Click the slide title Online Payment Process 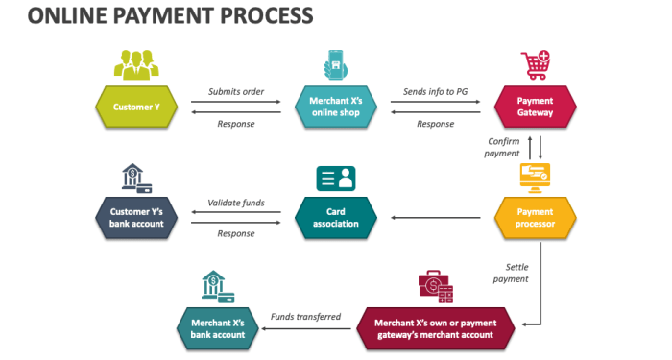(x=157, y=16)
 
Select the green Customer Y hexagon (x=136, y=108)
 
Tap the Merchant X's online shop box (x=334, y=108)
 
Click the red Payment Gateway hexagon (x=535, y=108)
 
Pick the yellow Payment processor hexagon (x=535, y=218)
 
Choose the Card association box (x=335, y=218)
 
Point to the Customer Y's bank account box (x=136, y=218)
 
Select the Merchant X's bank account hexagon (x=217, y=328)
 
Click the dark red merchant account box (x=436, y=328)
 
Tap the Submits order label (x=235, y=92)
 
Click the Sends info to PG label (x=434, y=92)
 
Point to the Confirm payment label (x=503, y=147)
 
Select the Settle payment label (x=511, y=273)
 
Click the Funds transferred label (x=305, y=316)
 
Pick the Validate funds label (x=236, y=203)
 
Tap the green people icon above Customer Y (x=135, y=64)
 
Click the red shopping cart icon (x=535, y=65)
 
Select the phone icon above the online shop (x=335, y=64)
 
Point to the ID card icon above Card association (x=335, y=178)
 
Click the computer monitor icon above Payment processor (x=534, y=177)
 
